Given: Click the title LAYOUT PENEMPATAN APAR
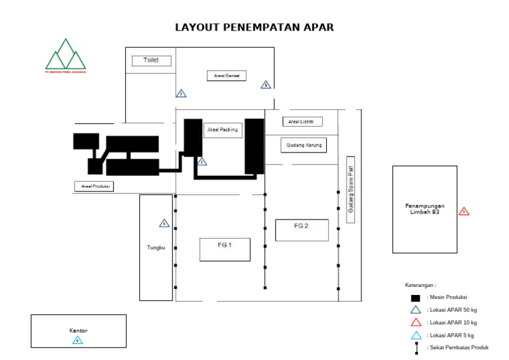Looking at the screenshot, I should pyautogui.click(x=254, y=27).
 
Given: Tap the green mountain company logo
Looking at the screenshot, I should pyautogui.click(x=65, y=56).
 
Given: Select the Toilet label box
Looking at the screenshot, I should pyautogui.click(x=151, y=60).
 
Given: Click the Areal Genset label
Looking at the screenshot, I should pyautogui.click(x=226, y=76).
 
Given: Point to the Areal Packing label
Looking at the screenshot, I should pyautogui.click(x=222, y=130).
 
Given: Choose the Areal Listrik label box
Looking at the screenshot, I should pyautogui.click(x=302, y=121).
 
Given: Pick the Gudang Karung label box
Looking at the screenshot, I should pyautogui.click(x=304, y=145).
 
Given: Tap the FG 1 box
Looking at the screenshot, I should pyautogui.click(x=225, y=249).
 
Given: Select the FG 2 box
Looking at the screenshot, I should pyautogui.click(x=302, y=229).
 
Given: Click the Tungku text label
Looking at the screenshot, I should pyautogui.click(x=155, y=247).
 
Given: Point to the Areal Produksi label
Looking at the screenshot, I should pyautogui.click(x=93, y=186).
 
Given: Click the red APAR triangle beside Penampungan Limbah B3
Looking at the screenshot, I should pyautogui.click(x=464, y=211).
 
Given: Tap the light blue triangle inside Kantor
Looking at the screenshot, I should pyautogui.click(x=78, y=340).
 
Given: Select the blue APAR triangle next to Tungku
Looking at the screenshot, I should pyautogui.click(x=164, y=223).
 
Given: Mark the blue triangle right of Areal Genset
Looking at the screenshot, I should pyautogui.click(x=266, y=85).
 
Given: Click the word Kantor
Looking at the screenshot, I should pyautogui.click(x=78, y=330).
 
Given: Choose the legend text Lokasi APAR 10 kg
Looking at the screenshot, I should pyautogui.click(x=450, y=323).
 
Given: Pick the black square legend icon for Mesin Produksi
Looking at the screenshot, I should pyautogui.click(x=416, y=298).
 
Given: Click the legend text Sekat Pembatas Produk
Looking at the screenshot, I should pyautogui.click(x=458, y=348).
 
